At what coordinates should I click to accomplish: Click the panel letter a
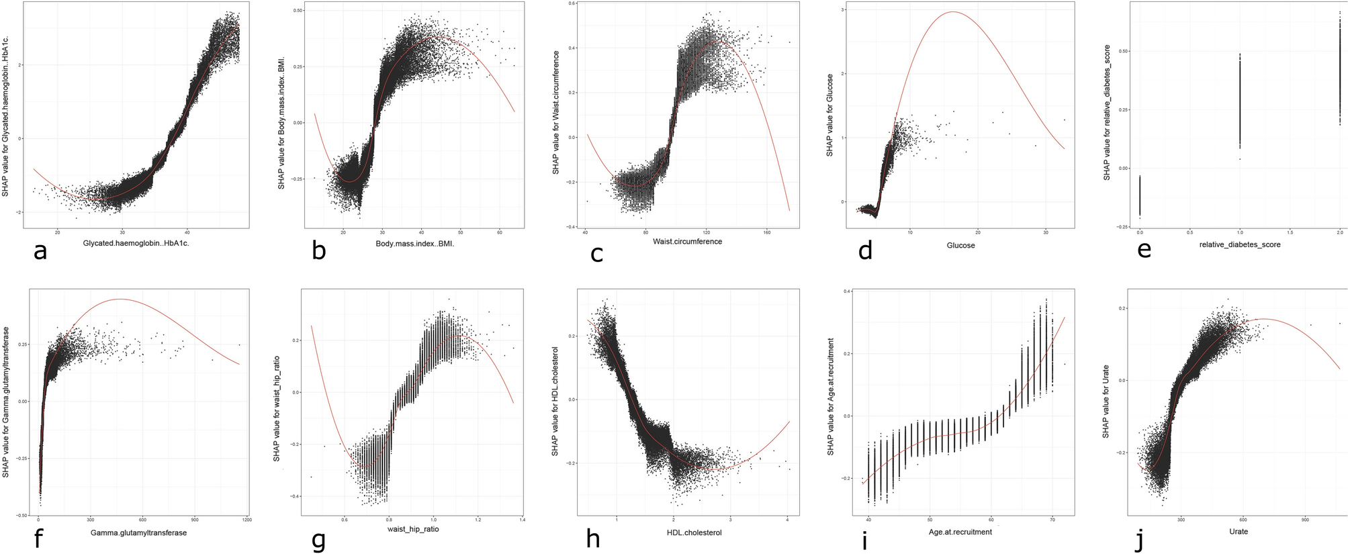(40, 251)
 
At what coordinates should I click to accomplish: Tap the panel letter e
(1144, 250)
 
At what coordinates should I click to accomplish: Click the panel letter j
(1138, 539)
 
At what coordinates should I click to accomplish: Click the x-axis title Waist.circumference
(687, 241)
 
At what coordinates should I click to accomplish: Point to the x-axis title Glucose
(960, 245)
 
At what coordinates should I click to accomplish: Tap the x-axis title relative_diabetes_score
(1239, 244)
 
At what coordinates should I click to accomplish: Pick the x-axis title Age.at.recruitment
(960, 532)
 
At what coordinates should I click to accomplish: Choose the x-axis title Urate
(1238, 531)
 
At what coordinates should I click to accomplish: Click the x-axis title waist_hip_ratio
(412, 529)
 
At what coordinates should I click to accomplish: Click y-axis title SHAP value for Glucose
(829, 116)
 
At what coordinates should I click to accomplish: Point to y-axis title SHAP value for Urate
(1106, 399)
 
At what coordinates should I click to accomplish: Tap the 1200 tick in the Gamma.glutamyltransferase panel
(246, 520)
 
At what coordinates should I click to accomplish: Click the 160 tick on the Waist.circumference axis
(767, 233)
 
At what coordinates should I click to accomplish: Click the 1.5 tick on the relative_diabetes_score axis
(1290, 232)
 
